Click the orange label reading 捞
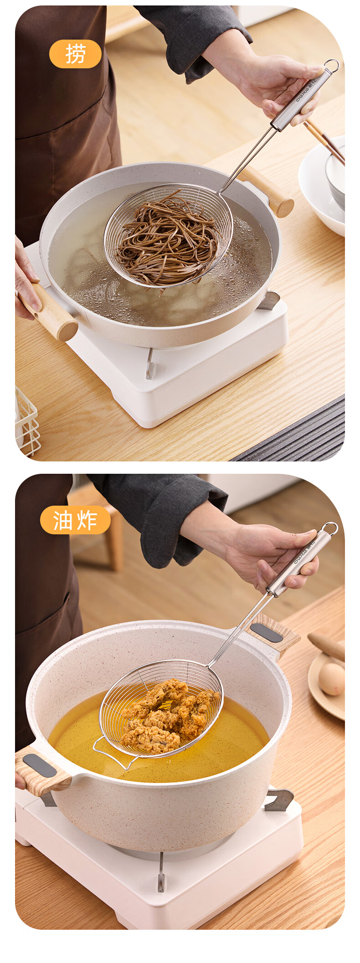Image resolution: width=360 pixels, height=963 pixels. [x=75, y=54]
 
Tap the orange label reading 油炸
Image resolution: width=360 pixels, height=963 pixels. [x=75, y=520]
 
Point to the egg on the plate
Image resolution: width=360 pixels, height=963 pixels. [x=331, y=679]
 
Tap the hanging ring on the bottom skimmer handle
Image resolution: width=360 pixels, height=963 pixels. [x=329, y=529]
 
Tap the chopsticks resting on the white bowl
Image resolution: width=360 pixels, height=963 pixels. [x=324, y=141]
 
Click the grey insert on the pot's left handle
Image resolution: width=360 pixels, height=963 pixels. [x=40, y=766]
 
